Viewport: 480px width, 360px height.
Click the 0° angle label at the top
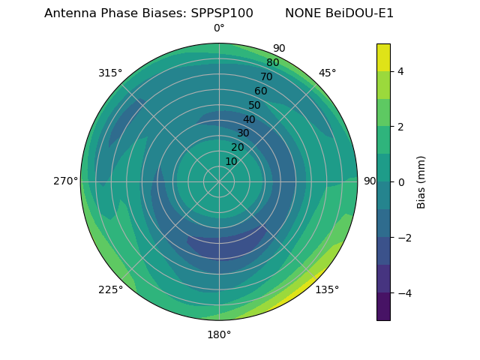[219, 28]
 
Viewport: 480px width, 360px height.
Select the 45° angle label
[327, 73]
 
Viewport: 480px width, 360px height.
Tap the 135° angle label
[327, 289]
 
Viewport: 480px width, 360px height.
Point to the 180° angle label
[219, 334]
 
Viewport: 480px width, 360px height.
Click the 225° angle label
[110, 289]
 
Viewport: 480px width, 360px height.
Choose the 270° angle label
[65, 181]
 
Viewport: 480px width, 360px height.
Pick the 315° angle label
[110, 73]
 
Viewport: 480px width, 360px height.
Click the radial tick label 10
[231, 161]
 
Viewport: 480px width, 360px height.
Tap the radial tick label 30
[243, 133]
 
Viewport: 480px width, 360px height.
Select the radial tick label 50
[254, 105]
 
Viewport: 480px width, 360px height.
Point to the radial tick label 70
[266, 76]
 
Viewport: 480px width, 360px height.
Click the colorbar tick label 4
[400, 71]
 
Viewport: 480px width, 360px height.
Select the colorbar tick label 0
[400, 181]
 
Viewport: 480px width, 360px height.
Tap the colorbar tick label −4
[403, 292]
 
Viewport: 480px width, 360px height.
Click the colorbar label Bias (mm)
[421, 181]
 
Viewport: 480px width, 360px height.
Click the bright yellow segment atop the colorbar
[383, 57]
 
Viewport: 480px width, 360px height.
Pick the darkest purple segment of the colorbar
[383, 307]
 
